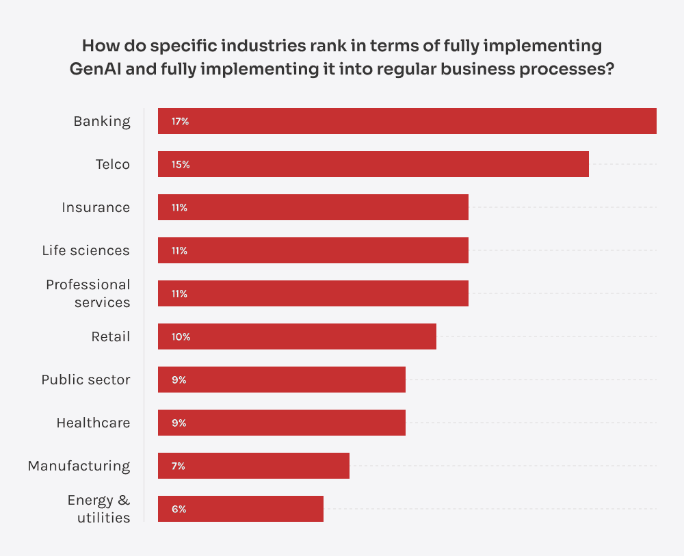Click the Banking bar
(407, 121)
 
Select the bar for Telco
(373, 164)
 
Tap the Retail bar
(297, 336)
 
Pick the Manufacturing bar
(254, 466)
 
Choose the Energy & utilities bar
(241, 509)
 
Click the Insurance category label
(96, 207)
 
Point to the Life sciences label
(85, 250)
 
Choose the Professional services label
(88, 293)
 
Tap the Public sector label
(85, 380)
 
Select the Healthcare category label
(93, 423)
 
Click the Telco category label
(113, 164)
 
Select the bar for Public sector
(282, 380)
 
